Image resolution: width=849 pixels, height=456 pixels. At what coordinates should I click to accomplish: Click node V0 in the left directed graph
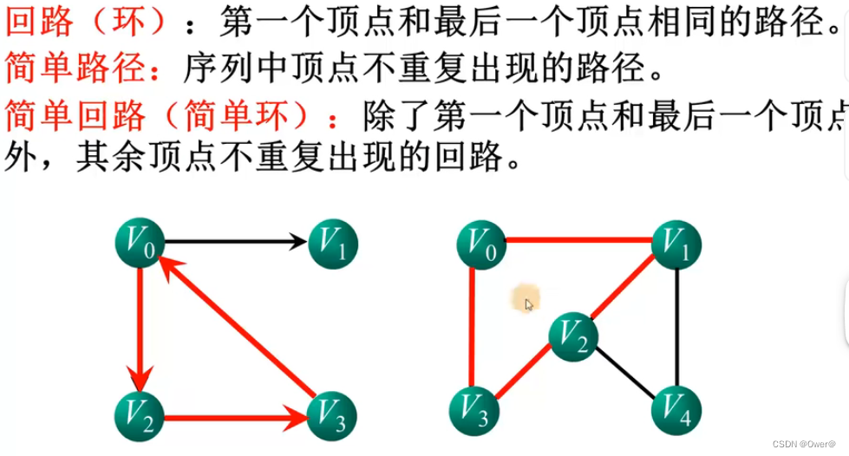click(140, 245)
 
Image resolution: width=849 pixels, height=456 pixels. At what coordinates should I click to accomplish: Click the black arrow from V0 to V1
click(236, 242)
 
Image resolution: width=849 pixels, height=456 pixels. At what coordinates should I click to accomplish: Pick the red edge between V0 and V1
click(578, 239)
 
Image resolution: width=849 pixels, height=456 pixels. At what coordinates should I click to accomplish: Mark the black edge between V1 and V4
click(677, 329)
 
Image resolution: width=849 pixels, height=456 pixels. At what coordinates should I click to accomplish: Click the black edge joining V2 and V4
click(626, 375)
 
